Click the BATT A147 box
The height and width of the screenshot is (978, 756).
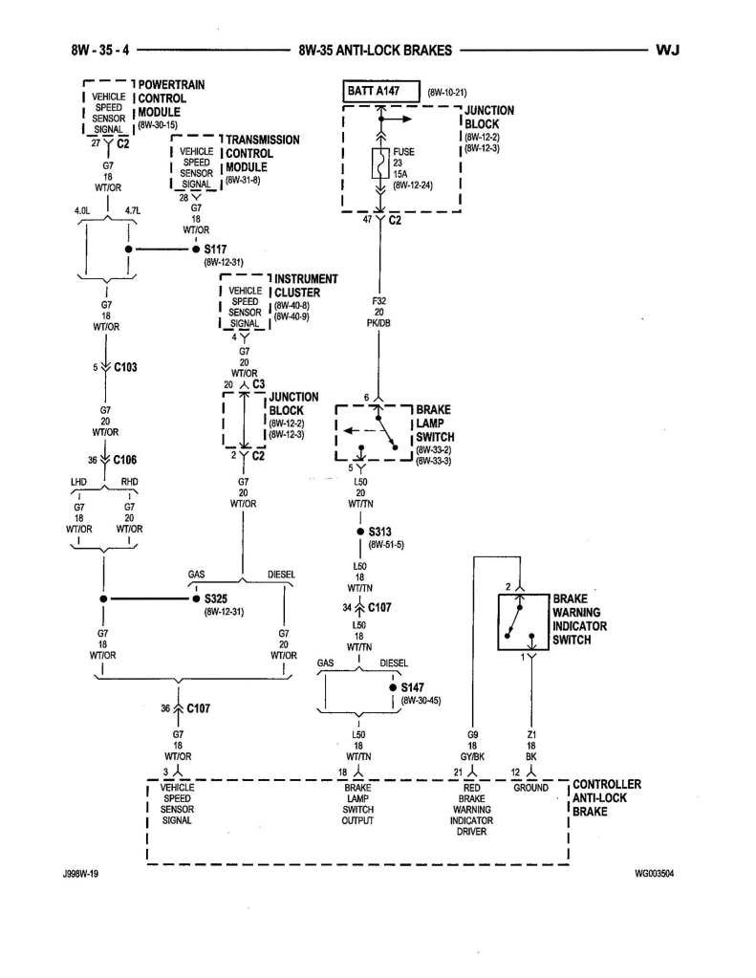pyautogui.click(x=380, y=91)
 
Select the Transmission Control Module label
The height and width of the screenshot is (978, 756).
pyautogui.click(x=262, y=153)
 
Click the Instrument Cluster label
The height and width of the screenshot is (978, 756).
pyautogui.click(x=305, y=286)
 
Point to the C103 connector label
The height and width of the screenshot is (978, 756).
pyautogui.click(x=127, y=367)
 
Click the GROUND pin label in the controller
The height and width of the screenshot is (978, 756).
pyautogui.click(x=530, y=788)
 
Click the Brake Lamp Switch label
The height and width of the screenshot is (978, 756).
pyautogui.click(x=436, y=422)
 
